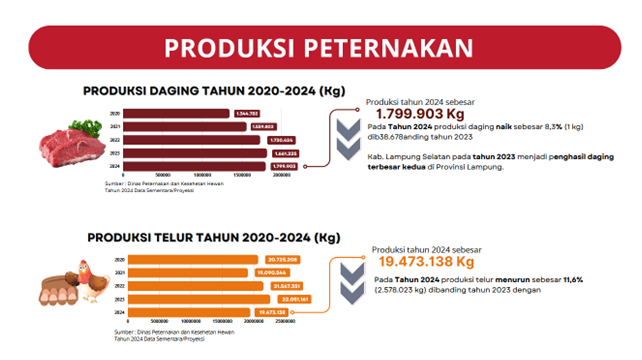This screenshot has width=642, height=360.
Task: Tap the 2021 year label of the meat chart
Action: [115, 126]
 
